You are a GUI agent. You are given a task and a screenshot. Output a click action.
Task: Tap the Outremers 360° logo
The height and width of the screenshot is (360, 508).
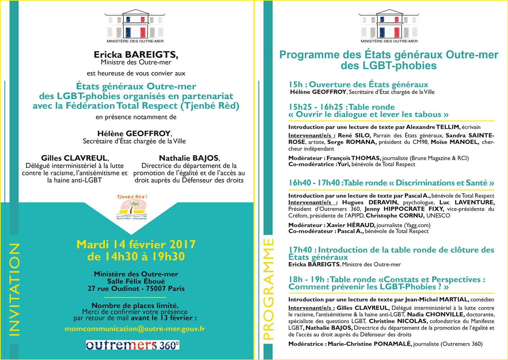click(x=133, y=345)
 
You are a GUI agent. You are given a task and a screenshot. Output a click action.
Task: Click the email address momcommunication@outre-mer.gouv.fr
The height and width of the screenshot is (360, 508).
click(x=135, y=329)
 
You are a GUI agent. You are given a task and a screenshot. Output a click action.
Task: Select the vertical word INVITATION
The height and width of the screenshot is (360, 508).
click(x=14, y=289)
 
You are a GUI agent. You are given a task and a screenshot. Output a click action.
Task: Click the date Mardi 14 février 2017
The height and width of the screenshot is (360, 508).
click(x=136, y=245)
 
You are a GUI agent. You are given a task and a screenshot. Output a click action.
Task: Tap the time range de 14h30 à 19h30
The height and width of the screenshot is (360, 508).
click(x=136, y=256)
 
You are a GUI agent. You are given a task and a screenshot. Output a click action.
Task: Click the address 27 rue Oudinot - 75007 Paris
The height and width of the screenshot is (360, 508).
click(x=136, y=288)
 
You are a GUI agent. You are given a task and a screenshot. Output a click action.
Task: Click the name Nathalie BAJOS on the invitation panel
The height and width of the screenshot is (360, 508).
click(x=189, y=158)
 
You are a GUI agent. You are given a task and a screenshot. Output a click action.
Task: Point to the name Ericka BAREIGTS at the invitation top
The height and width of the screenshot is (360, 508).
click(x=136, y=55)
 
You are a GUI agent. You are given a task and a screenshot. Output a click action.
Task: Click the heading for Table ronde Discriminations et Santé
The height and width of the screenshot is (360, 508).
click(x=391, y=183)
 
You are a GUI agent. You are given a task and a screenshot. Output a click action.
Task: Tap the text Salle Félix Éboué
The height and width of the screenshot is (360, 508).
click(x=136, y=281)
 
